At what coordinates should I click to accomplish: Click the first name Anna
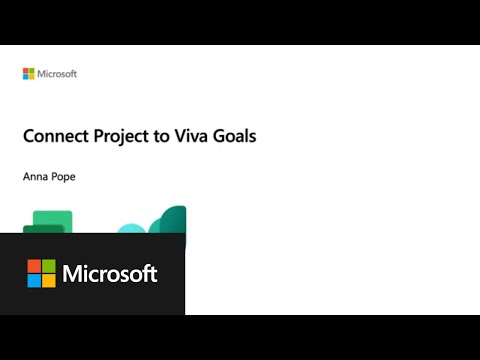(x=34, y=176)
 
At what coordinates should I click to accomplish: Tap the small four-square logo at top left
(x=28, y=73)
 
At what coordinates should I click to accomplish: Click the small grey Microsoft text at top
(x=56, y=73)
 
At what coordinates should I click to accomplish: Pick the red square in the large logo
(x=34, y=266)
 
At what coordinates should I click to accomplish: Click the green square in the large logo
(x=48, y=266)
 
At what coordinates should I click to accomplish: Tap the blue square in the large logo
(x=34, y=280)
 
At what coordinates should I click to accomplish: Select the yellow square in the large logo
(x=48, y=280)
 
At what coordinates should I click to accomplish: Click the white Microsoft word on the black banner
(x=110, y=273)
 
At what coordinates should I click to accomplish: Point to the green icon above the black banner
(x=50, y=221)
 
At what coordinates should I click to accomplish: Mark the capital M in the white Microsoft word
(x=72, y=273)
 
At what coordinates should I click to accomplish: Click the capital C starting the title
(x=29, y=136)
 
